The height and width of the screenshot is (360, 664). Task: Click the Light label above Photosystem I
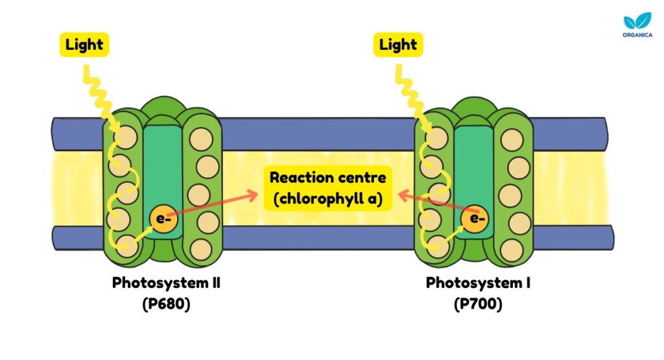[398, 45]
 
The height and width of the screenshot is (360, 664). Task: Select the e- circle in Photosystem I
[477, 218]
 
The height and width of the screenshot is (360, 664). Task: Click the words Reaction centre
[327, 177]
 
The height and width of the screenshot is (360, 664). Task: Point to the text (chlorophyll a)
[327, 199]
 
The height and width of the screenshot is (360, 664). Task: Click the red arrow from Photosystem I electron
[434, 202]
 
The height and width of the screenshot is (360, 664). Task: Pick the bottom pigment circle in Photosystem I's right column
[512, 248]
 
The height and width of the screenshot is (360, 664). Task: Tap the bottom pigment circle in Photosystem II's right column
[201, 248]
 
